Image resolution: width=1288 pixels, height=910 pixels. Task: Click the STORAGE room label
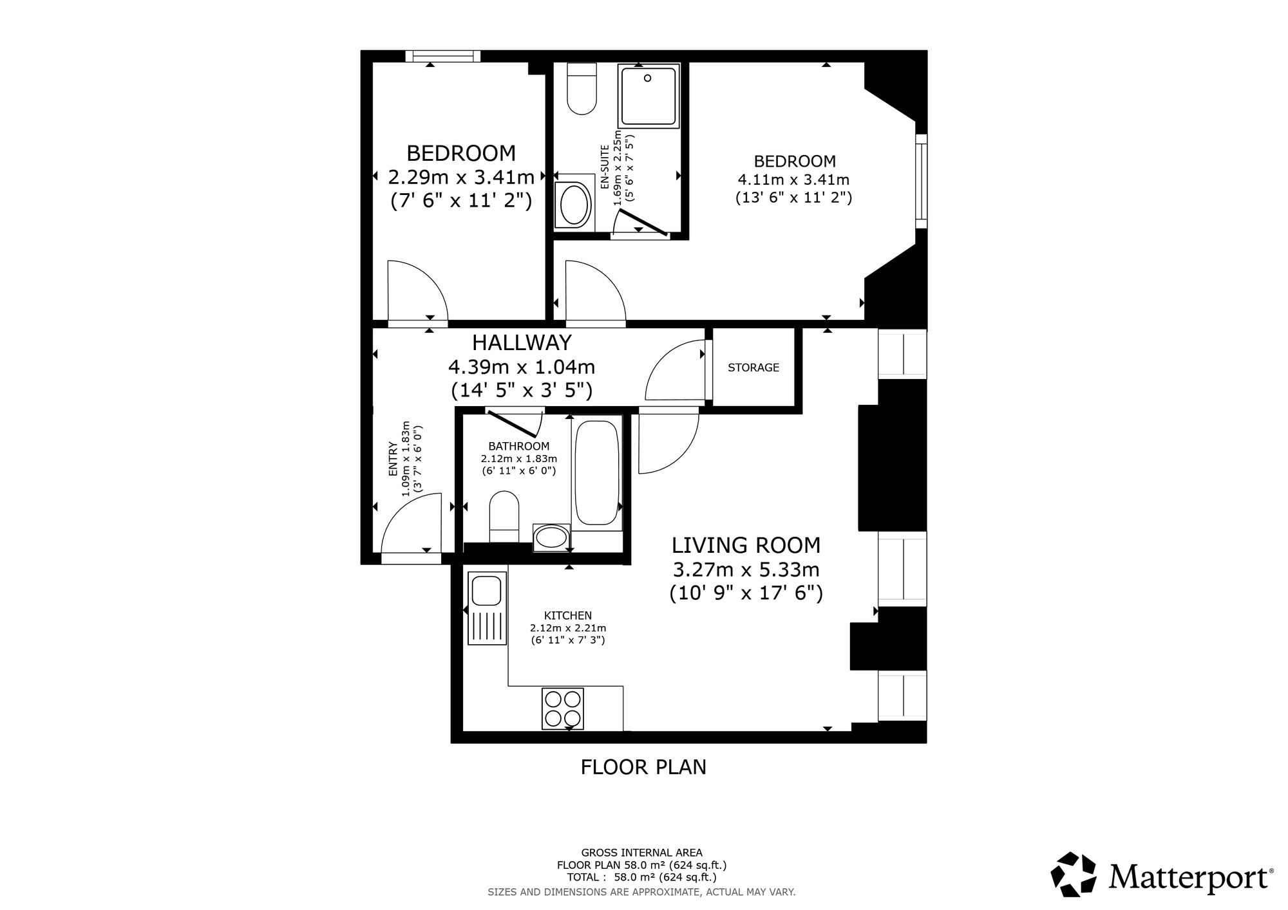coord(753,367)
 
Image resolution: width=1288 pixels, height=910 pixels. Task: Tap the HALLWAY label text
coord(522,342)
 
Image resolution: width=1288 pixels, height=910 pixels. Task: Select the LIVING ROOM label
coord(746,545)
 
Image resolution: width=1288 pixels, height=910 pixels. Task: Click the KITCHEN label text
coord(568,615)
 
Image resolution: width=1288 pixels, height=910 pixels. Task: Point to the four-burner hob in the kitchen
coord(563,709)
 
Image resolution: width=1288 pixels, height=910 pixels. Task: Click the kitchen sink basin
coord(487,591)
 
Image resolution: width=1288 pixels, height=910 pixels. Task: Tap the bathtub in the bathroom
coord(597,474)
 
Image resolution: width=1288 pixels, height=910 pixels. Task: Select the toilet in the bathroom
coord(504,517)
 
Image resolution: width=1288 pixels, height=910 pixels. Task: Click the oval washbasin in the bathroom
coord(551,537)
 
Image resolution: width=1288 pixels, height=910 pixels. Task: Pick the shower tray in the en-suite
coord(649,96)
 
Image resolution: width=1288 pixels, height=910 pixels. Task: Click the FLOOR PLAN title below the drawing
coord(643,767)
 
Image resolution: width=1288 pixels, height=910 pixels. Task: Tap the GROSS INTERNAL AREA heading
coord(642,853)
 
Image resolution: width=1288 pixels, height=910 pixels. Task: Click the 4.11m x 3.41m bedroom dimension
coord(794,180)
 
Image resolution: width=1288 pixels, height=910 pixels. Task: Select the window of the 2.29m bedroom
coord(442,57)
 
